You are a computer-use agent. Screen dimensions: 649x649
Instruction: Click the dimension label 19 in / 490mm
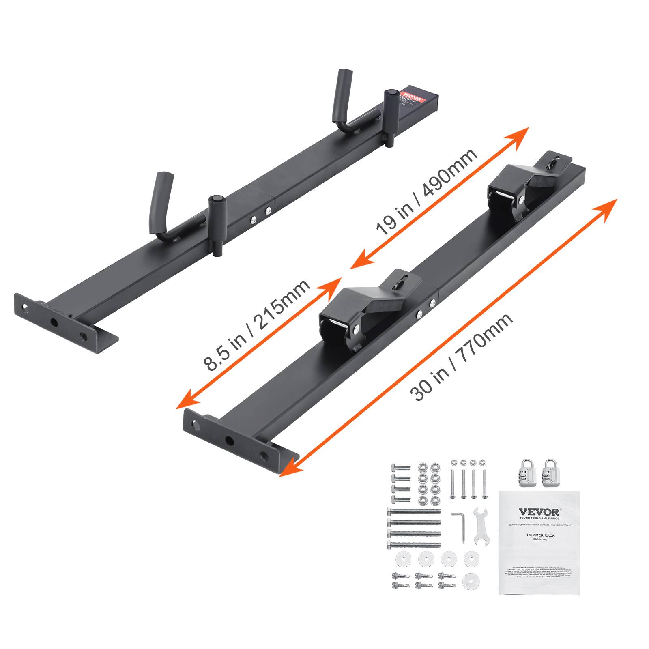coord(426,192)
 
